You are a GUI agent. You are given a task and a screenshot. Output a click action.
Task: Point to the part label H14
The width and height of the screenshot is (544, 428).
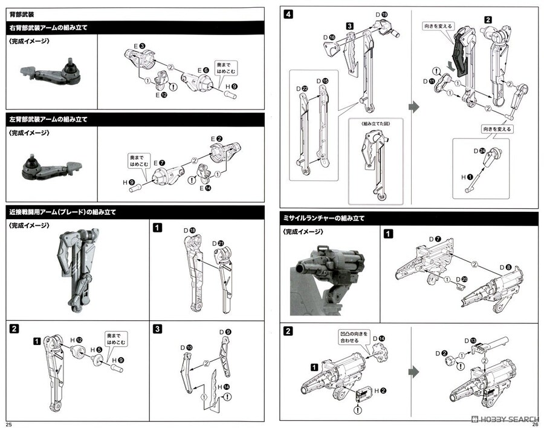(222, 386)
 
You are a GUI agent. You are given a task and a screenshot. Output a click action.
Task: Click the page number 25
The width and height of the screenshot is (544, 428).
(8, 423)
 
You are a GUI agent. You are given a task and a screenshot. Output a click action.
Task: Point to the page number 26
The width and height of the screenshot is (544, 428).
(535, 423)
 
